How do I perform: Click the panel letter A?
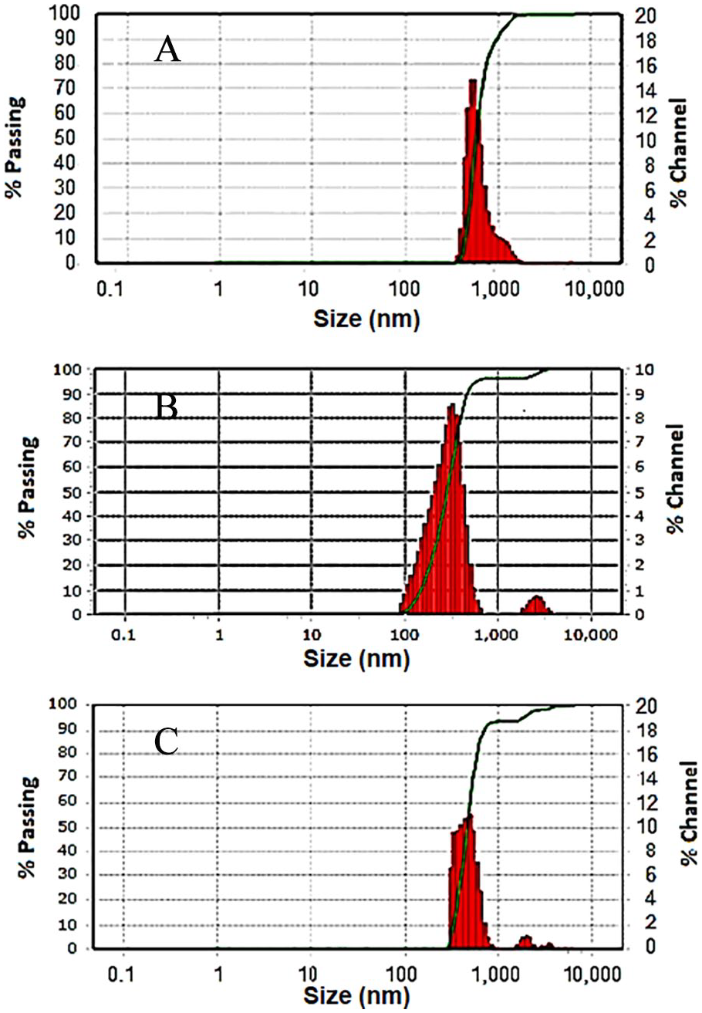(167, 51)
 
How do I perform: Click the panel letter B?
(167, 406)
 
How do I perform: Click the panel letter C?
(167, 741)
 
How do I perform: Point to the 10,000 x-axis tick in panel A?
(592, 292)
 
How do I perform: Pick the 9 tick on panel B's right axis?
(640, 394)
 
